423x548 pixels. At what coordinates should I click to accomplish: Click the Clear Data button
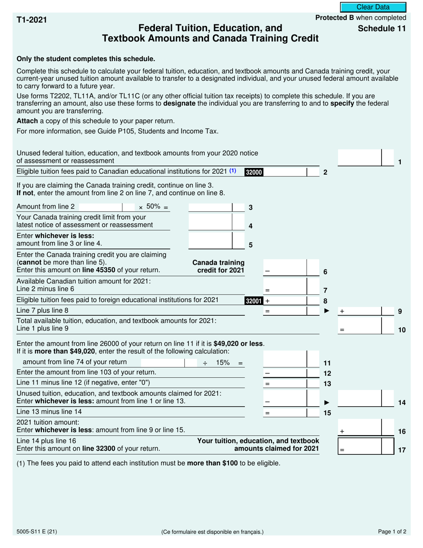[x=373, y=7]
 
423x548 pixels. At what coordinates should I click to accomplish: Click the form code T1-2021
[x=32, y=20]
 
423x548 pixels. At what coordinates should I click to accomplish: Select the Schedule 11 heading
[x=382, y=29]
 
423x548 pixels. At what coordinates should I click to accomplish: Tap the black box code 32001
[x=254, y=301]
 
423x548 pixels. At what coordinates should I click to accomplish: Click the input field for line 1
[x=360, y=158]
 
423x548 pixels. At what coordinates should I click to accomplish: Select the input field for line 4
[x=210, y=221]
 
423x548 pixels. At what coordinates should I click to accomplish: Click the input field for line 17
[x=360, y=446]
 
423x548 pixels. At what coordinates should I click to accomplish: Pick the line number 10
[x=402, y=330]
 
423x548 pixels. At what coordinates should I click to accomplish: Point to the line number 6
[x=325, y=272]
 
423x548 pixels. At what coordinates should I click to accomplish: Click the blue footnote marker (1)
[x=232, y=171]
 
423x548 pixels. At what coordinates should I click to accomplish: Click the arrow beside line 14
[x=327, y=402]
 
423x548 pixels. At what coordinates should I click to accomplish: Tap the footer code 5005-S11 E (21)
[x=37, y=531]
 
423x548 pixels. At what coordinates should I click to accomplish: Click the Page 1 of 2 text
[x=392, y=531]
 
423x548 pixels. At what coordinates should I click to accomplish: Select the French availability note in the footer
[x=212, y=532]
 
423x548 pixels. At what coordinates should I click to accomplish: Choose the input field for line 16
[x=360, y=427]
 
